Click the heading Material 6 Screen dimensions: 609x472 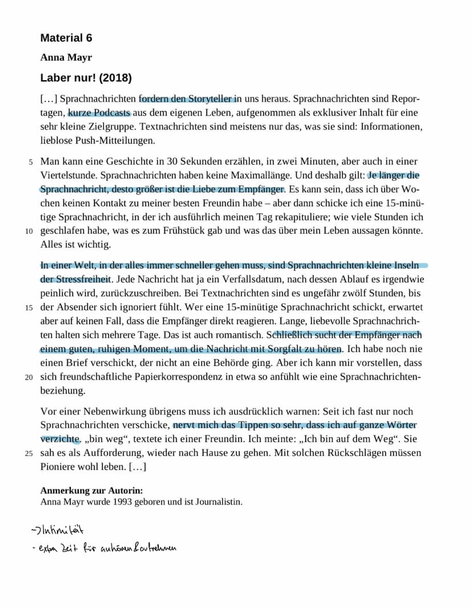[66, 38]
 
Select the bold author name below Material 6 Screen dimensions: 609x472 [66, 58]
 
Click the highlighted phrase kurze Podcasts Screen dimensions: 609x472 [100, 113]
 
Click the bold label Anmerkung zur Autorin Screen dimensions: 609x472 [92, 491]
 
